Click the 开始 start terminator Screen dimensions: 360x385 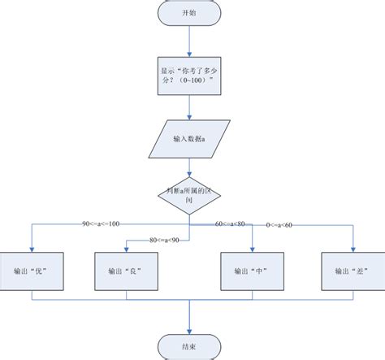(189, 13)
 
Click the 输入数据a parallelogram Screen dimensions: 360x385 (189, 140)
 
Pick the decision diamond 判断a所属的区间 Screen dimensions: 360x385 (189, 194)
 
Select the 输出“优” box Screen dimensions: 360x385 (31, 271)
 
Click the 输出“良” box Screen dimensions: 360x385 (125, 271)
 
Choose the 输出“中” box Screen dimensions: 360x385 (253, 271)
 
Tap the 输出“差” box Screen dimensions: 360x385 (353, 271)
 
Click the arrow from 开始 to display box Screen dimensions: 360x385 (189, 41)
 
